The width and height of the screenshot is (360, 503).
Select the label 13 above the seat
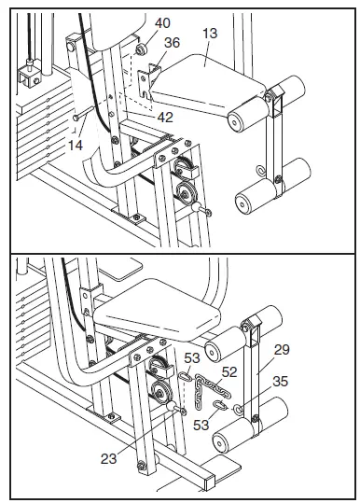(x=208, y=35)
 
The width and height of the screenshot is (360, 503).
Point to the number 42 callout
(x=165, y=118)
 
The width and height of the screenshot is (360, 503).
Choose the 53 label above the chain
(x=191, y=358)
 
